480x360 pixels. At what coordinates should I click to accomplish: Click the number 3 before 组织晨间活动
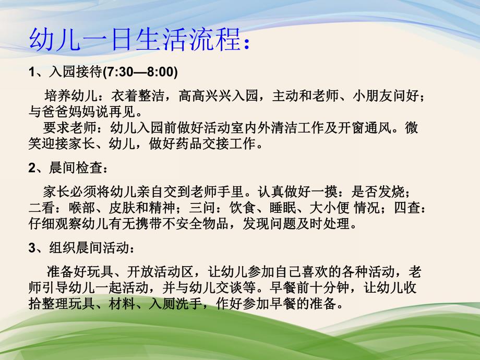click(32, 247)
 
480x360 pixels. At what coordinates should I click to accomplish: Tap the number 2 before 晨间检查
click(32, 168)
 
